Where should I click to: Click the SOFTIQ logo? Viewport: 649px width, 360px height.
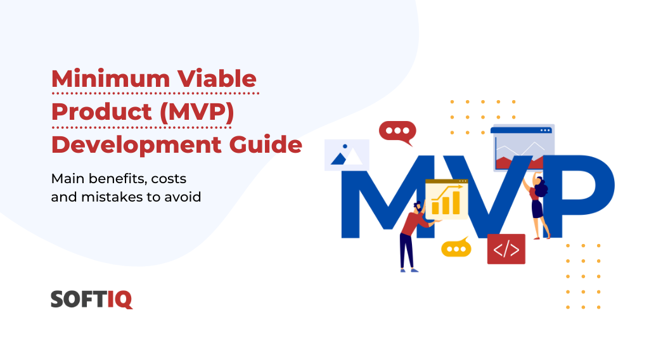(x=92, y=299)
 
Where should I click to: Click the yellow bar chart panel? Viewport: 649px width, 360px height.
(x=446, y=198)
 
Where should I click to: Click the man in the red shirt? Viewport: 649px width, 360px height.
(x=411, y=235)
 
